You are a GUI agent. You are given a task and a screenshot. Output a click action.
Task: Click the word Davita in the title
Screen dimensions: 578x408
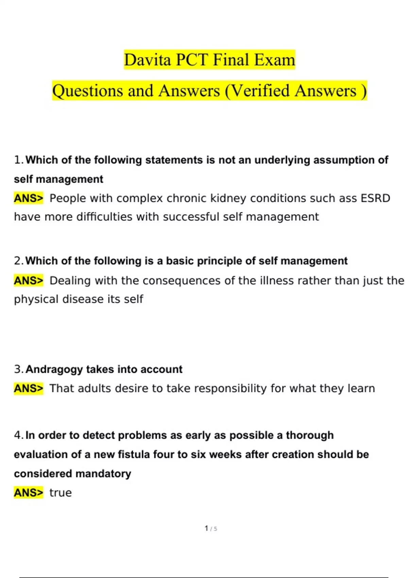point(147,60)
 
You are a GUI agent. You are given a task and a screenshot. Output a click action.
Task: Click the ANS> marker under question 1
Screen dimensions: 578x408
point(29,198)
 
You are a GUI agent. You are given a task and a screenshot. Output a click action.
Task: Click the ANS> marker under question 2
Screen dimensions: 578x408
point(29,281)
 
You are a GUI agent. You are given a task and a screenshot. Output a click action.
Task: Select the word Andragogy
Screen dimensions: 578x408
point(54,369)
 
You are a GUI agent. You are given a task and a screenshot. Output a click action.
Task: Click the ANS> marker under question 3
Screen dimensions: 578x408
point(29,388)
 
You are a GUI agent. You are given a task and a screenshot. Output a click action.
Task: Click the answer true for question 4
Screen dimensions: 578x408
point(61,493)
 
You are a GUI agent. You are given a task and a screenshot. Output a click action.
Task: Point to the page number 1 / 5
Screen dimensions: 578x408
point(211,529)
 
